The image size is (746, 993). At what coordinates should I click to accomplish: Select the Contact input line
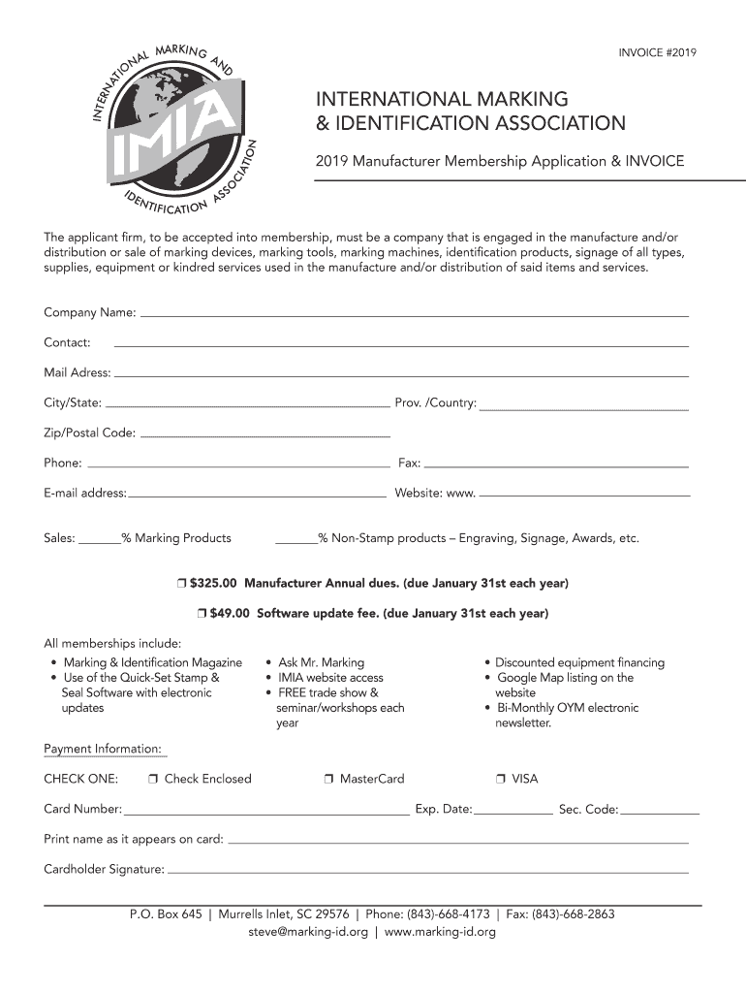click(401, 345)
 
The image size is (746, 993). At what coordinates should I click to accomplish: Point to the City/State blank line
click(246, 404)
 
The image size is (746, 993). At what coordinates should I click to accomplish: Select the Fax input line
click(556, 464)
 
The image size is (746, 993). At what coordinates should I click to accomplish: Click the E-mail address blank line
click(257, 495)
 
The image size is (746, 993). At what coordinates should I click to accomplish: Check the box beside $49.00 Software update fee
click(201, 614)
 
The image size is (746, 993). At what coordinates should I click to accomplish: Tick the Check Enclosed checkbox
click(154, 780)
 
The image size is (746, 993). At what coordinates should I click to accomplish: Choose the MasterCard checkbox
click(329, 780)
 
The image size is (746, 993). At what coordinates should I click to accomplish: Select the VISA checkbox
click(501, 780)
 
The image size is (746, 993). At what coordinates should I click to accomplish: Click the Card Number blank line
click(266, 811)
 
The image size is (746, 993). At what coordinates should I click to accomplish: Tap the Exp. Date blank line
click(513, 811)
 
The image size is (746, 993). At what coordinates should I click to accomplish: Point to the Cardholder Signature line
click(427, 871)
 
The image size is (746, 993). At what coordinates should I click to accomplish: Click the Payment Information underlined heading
click(103, 749)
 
